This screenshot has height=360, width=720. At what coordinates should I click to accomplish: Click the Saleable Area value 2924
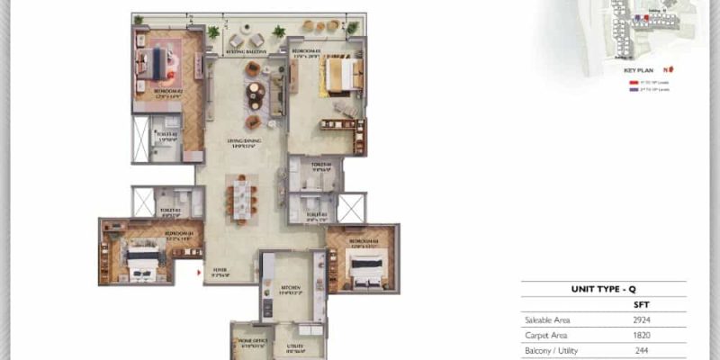pyautogui.click(x=641, y=319)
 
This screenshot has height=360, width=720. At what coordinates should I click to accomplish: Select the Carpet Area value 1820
pyautogui.click(x=641, y=335)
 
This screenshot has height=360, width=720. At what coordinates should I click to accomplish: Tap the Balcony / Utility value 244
pyautogui.click(x=641, y=350)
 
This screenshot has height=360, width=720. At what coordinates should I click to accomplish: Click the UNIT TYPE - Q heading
pyautogui.click(x=604, y=290)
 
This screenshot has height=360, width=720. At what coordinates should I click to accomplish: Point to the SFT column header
pyautogui.click(x=641, y=305)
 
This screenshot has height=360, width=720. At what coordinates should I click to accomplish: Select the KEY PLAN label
pyautogui.click(x=639, y=69)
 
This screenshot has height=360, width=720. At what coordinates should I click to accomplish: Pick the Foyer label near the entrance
pyautogui.click(x=220, y=267)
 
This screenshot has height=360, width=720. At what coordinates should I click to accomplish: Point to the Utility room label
pyautogui.click(x=294, y=347)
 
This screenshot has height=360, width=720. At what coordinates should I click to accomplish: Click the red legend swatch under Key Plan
pyautogui.click(x=632, y=82)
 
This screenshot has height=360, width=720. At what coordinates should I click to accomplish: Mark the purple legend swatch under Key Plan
pyautogui.click(x=632, y=90)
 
